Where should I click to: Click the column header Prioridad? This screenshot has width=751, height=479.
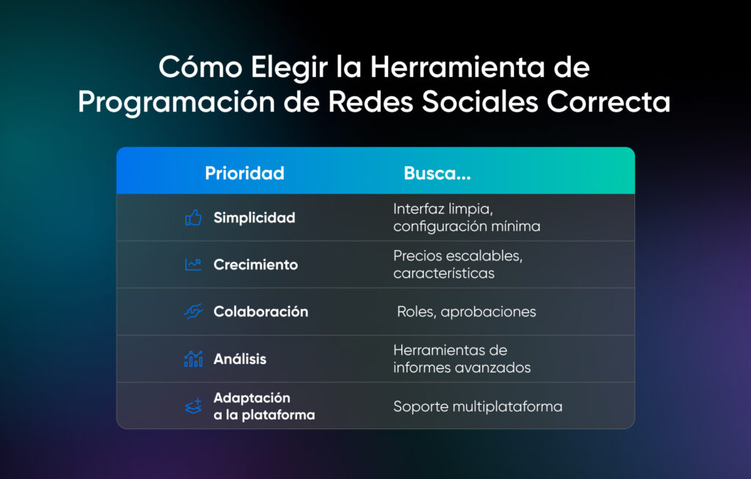pos(244,173)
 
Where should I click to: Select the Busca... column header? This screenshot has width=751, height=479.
pos(437,173)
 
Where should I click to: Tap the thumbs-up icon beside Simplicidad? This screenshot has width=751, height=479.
pos(193,217)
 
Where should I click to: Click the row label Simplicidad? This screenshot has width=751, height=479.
pos(254,217)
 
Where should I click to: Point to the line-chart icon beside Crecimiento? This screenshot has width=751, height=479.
pos(193,264)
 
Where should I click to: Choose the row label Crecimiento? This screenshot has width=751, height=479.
pos(256,264)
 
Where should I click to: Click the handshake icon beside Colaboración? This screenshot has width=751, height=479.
pos(193,311)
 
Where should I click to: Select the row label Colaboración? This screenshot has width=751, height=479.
pos(261,311)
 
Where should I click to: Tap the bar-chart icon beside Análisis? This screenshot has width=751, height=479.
pos(193,359)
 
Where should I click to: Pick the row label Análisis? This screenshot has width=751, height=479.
pos(240,358)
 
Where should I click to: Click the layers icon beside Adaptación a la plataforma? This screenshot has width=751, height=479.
pos(193,406)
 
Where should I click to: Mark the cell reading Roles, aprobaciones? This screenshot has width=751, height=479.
pos(466,312)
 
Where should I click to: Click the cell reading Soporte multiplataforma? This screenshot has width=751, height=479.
pos(478,406)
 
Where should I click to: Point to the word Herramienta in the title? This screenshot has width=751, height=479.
pos(458,67)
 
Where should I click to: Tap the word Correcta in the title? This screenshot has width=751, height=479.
pos(608,101)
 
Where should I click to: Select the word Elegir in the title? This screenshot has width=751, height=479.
pos(289,68)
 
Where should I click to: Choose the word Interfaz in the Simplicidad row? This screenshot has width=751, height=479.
pos(419,209)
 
